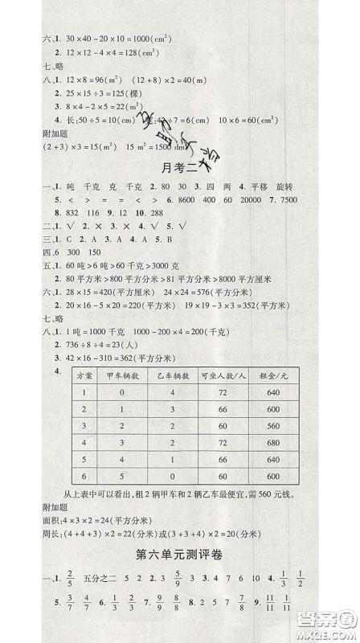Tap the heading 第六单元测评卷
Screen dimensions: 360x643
tap(180, 553)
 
